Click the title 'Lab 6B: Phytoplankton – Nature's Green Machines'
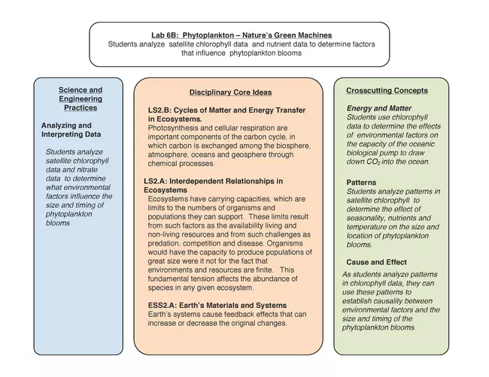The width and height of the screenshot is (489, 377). click(x=241, y=35)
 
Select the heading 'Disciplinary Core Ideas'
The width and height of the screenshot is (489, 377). click(x=230, y=92)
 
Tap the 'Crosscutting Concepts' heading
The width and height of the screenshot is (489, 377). click(x=387, y=91)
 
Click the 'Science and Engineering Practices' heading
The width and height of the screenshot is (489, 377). click(x=80, y=98)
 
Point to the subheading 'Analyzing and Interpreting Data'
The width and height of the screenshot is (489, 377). click(x=66, y=130)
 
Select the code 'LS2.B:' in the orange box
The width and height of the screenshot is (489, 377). click(x=161, y=110)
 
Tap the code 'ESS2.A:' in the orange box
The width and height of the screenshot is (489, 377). click(x=164, y=306)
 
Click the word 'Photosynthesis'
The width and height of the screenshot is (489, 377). click(x=174, y=128)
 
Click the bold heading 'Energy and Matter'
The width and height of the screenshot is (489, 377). click(x=379, y=109)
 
